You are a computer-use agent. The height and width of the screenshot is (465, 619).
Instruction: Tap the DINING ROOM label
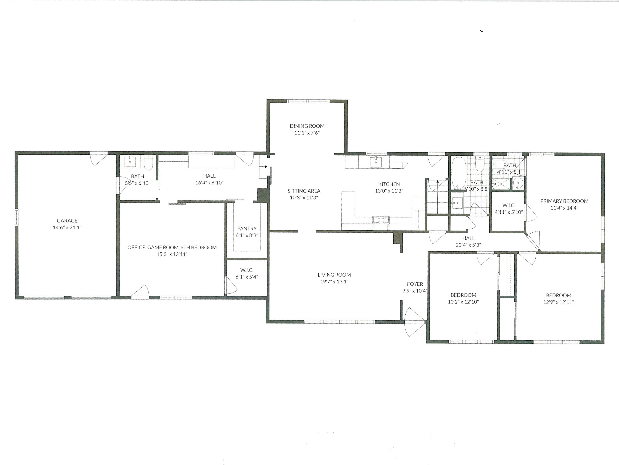coord(307,126)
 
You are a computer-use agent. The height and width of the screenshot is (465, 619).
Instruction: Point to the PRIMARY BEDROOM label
coord(564,201)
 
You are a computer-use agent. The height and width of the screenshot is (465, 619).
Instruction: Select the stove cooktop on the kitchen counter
coord(381,220)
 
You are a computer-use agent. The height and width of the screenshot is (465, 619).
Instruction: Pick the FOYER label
coord(415,284)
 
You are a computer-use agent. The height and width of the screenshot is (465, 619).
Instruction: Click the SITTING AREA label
coord(304,191)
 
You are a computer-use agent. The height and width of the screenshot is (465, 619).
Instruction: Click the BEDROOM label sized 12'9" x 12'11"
coord(559,295)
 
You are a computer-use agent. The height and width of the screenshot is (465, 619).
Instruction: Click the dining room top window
coord(308,101)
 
